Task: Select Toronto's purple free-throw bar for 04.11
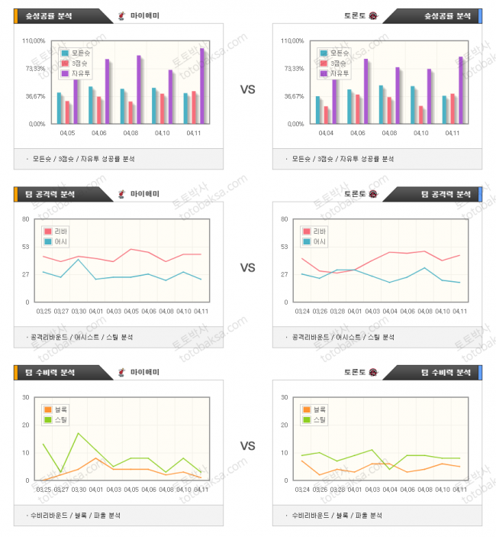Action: [x=460, y=89]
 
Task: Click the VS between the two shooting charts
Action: [x=247, y=89]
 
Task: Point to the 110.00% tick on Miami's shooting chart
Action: [x=36, y=41]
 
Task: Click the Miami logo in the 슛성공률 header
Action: [x=121, y=15]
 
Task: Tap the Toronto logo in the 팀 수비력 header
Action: [x=373, y=372]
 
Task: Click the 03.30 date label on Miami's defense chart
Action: [x=78, y=489]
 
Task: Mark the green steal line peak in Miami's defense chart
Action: [x=78, y=433]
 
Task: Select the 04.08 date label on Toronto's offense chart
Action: [x=424, y=311]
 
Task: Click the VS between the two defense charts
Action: [x=247, y=446]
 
